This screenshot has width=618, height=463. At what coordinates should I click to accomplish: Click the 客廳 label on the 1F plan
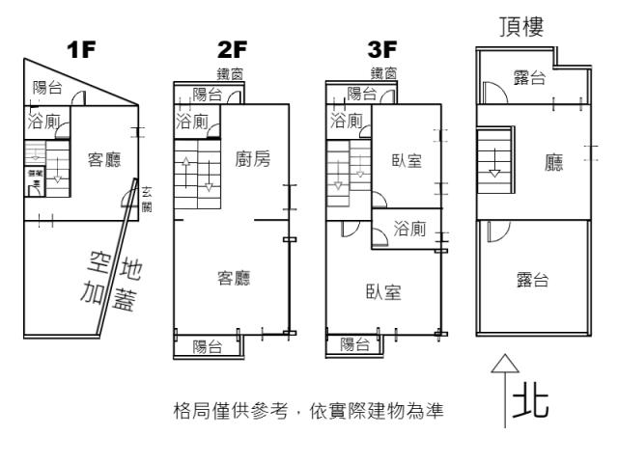point(105,159)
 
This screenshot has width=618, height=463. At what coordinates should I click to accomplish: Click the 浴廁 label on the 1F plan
point(44,123)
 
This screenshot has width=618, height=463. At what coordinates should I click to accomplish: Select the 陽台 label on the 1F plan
point(47,88)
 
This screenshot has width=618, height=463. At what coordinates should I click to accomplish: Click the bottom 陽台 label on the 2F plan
point(208,345)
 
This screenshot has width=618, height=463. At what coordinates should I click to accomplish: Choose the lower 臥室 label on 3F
point(384,291)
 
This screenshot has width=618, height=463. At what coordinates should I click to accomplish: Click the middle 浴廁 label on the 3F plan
point(411,229)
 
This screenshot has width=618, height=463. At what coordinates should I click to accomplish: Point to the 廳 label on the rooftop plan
point(553,163)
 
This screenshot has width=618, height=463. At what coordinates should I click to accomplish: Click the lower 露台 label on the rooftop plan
point(532,280)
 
